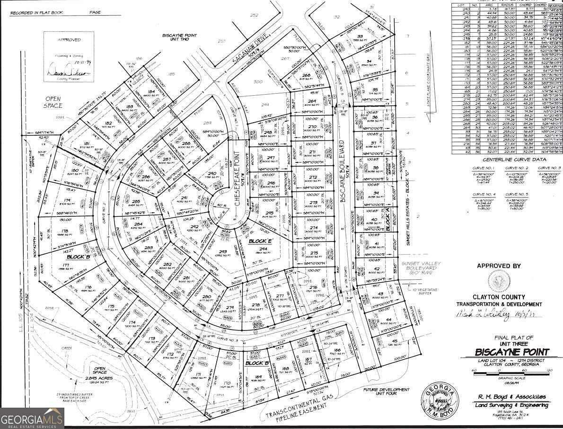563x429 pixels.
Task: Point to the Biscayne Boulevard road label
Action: coord(344,177)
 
